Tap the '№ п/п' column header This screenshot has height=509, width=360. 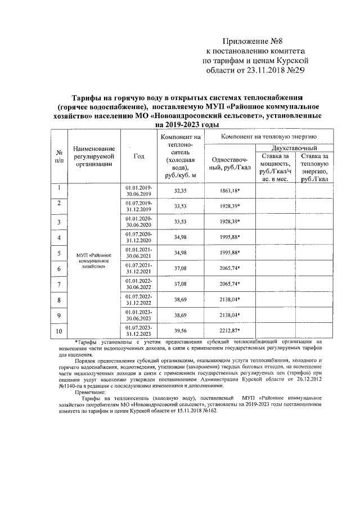click(58, 156)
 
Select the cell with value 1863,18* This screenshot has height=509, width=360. click(229, 191)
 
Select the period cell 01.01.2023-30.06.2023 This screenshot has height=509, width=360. click(138, 316)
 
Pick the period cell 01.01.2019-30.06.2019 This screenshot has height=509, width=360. click(138, 191)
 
